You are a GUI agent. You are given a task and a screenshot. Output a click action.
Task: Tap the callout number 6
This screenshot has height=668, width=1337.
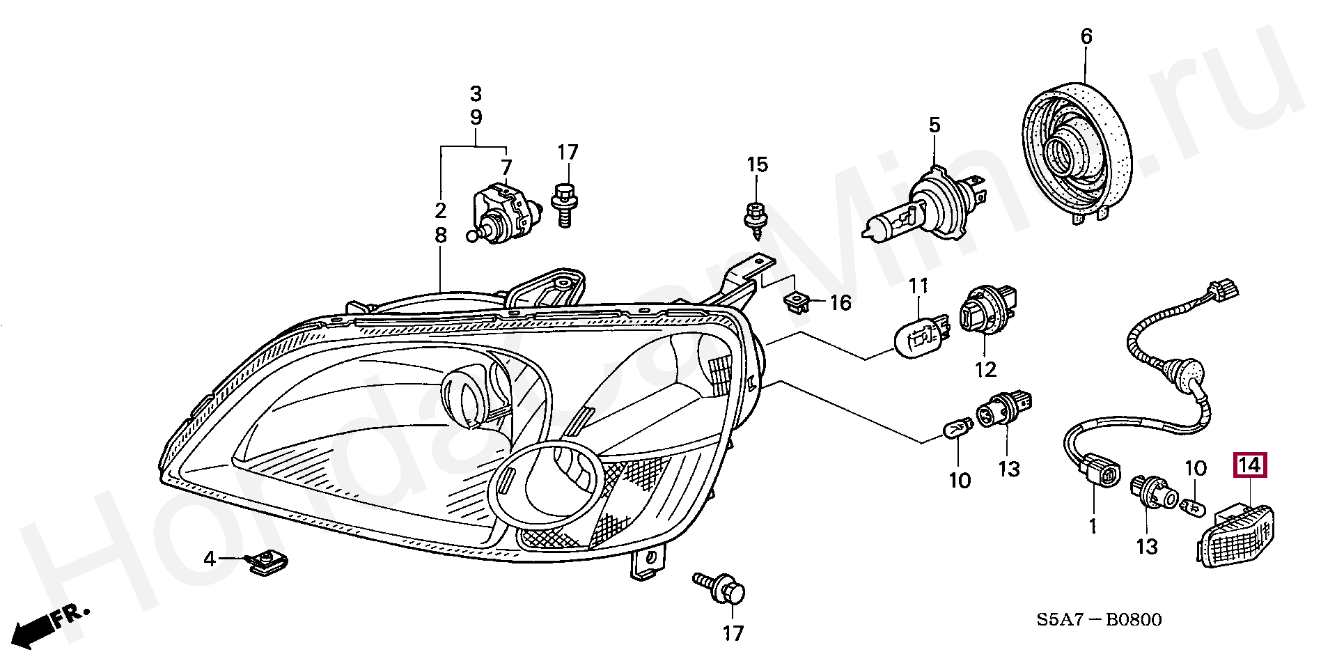tap(1086, 36)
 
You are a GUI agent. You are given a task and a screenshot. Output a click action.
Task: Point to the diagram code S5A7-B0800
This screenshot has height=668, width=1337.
tap(1099, 619)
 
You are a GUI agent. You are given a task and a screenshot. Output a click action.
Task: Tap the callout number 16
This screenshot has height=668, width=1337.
tap(840, 303)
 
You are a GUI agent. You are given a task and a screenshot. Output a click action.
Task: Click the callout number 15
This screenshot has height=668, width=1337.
tap(757, 165)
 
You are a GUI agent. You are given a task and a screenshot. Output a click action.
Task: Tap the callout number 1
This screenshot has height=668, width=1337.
tap(1093, 526)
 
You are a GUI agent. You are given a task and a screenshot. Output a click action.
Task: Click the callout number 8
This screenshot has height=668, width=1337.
tap(440, 236)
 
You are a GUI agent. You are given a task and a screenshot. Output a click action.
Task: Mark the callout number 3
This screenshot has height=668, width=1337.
tap(476, 93)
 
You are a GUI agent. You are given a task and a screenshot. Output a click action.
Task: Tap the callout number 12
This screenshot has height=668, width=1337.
tap(986, 369)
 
